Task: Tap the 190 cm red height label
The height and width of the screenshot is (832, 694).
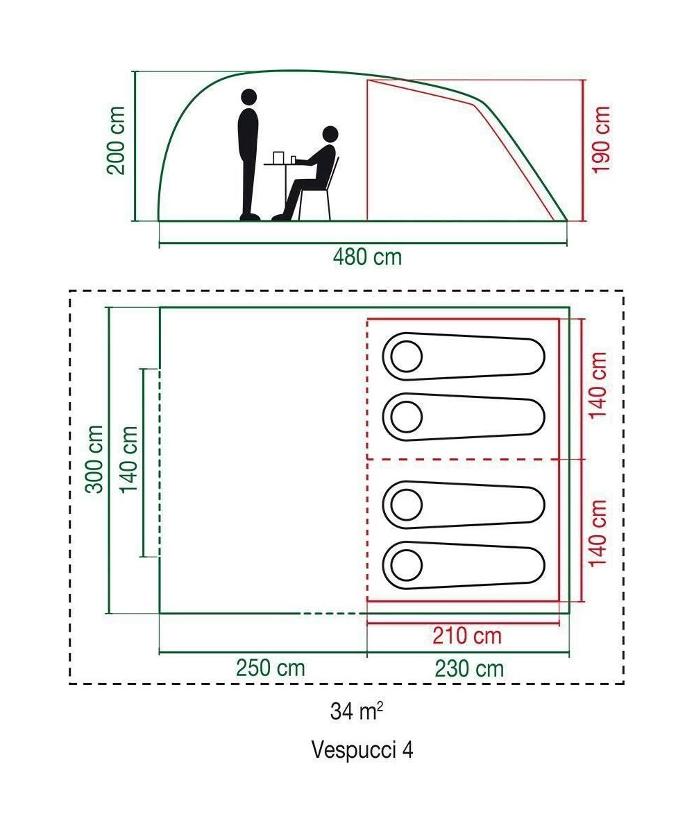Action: tap(601, 140)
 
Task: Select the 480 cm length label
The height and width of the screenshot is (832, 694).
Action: tap(367, 257)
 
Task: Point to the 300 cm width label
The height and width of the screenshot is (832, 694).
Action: tap(95, 459)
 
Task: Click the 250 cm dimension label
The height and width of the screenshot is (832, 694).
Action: tap(270, 668)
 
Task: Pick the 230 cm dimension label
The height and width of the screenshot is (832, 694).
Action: tap(469, 668)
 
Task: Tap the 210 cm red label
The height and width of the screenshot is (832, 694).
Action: tap(466, 635)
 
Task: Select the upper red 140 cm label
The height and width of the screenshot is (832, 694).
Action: tap(598, 384)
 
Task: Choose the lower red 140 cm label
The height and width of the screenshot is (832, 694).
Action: tap(598, 532)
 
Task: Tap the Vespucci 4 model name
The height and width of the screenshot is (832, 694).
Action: tap(363, 749)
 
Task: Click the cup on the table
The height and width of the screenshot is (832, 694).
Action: tap(279, 157)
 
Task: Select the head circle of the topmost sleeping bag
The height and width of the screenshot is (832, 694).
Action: tap(406, 357)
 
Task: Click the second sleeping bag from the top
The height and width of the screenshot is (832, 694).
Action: tap(464, 417)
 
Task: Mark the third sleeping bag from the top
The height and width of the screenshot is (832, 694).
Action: tap(464, 504)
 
